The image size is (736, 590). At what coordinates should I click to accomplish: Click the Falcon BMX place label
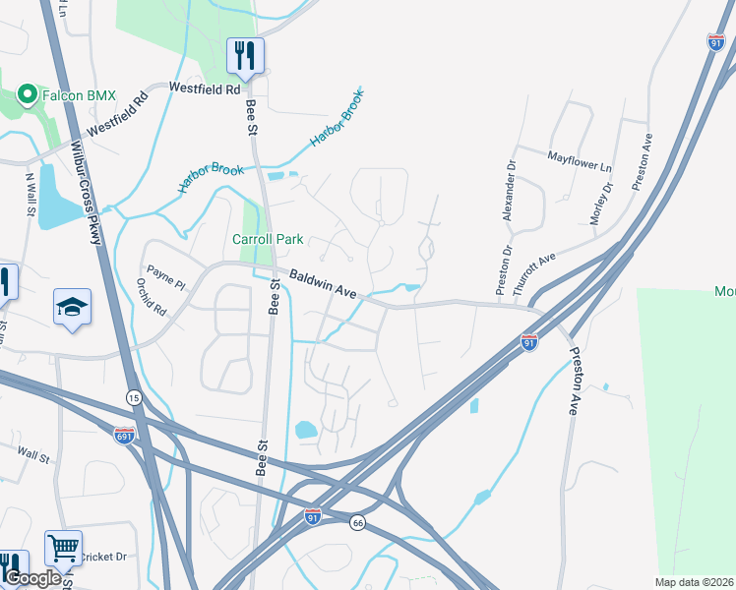tap(79, 95)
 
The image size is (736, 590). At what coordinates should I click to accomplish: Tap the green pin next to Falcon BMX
tap(28, 95)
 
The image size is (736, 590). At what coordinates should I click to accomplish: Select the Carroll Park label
tap(267, 239)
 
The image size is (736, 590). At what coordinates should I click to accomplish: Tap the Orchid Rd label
tap(153, 295)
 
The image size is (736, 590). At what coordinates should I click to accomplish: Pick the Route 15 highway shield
tap(133, 396)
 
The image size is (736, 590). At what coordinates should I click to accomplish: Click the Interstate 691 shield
tap(125, 433)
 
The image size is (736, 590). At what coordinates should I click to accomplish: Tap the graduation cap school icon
tap(73, 308)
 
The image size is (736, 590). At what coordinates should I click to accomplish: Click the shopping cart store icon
tap(63, 548)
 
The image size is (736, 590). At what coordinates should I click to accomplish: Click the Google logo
tap(31, 578)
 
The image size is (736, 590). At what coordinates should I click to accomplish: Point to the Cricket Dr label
tap(104, 556)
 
